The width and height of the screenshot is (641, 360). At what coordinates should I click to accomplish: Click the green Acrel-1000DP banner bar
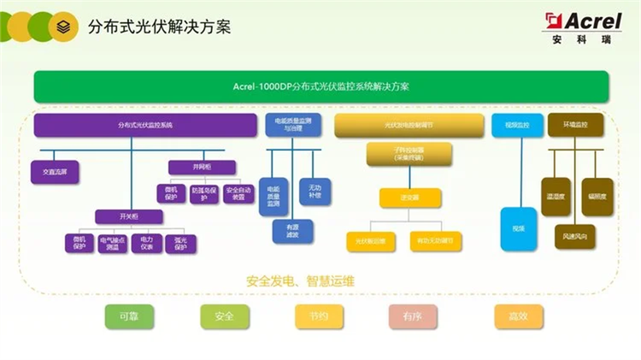point(320,86)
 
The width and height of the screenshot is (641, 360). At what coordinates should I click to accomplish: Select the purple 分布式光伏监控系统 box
point(145,126)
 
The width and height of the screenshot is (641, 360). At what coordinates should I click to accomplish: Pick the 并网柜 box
point(189,167)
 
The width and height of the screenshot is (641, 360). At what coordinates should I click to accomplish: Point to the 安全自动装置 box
point(238,194)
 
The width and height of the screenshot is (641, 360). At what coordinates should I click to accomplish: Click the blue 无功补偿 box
point(310,190)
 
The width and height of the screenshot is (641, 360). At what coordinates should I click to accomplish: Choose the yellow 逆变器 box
point(403,198)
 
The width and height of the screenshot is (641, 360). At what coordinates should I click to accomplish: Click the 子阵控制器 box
point(403,155)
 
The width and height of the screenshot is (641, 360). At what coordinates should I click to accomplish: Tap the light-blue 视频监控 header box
point(512,126)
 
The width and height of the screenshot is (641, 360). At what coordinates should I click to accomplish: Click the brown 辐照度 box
point(597,197)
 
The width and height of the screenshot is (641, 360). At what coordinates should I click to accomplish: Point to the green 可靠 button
point(130,316)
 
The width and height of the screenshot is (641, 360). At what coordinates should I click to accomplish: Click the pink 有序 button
point(413,316)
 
